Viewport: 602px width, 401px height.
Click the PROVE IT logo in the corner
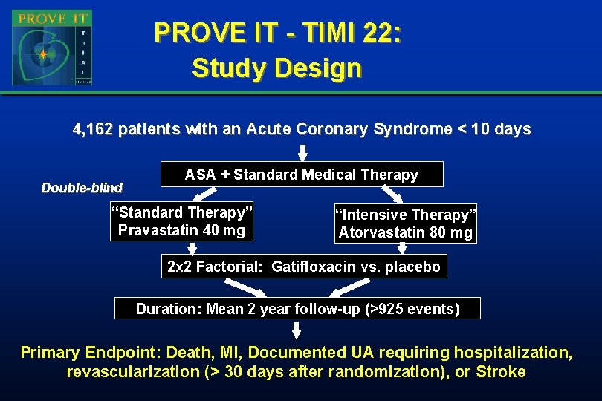click(51, 47)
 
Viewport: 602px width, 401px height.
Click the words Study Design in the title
click(276, 68)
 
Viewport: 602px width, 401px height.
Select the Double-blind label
click(82, 188)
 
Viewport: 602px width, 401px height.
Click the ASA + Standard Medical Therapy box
click(301, 175)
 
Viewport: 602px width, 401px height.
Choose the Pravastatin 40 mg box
click(181, 221)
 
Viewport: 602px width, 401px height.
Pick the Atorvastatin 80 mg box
click(405, 224)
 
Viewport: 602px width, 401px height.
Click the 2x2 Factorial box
click(304, 267)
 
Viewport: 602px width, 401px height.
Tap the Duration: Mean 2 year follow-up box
click(297, 309)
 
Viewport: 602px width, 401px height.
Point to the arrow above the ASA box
click(302, 152)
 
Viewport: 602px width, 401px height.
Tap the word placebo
click(413, 267)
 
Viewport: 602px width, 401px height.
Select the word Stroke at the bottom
click(501, 372)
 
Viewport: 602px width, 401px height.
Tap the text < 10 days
click(495, 129)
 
